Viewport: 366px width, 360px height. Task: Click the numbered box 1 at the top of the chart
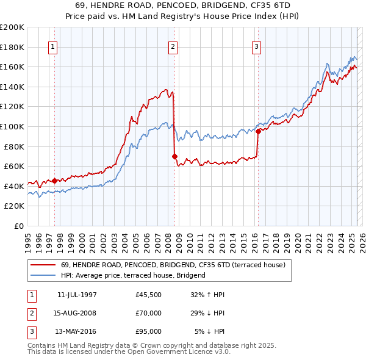point(52,46)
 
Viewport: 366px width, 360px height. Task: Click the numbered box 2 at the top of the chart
point(173,46)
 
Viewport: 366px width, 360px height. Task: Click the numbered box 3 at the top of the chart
point(257,46)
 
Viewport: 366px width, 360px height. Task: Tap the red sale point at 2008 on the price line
point(174,156)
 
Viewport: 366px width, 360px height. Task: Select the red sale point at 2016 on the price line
point(258,131)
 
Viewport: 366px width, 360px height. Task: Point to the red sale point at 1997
point(54,180)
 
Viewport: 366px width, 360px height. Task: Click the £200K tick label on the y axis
point(12,27)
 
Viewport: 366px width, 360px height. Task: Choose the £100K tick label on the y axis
point(12,126)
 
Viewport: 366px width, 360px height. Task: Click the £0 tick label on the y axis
point(18,226)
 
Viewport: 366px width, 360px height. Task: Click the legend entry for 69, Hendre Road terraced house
point(168,265)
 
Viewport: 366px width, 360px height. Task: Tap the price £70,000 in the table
point(149,313)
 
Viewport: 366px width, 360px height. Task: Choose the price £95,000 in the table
point(149,331)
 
